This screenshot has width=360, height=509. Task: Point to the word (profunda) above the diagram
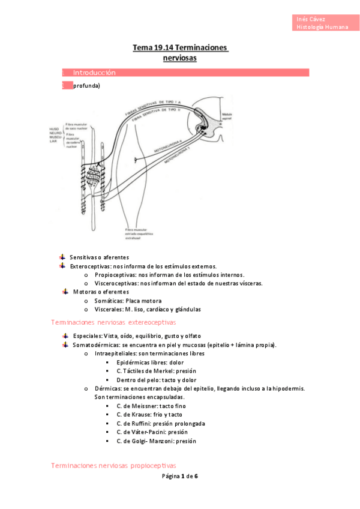tap(86, 86)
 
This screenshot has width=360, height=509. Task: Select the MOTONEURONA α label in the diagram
tap(166, 144)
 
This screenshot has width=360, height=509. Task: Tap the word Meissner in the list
tap(139, 406)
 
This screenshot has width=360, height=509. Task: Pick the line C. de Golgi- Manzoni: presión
tap(156, 441)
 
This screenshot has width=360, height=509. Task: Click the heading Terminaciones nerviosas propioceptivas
tap(113, 465)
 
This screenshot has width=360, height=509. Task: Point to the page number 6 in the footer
tap(196, 476)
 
